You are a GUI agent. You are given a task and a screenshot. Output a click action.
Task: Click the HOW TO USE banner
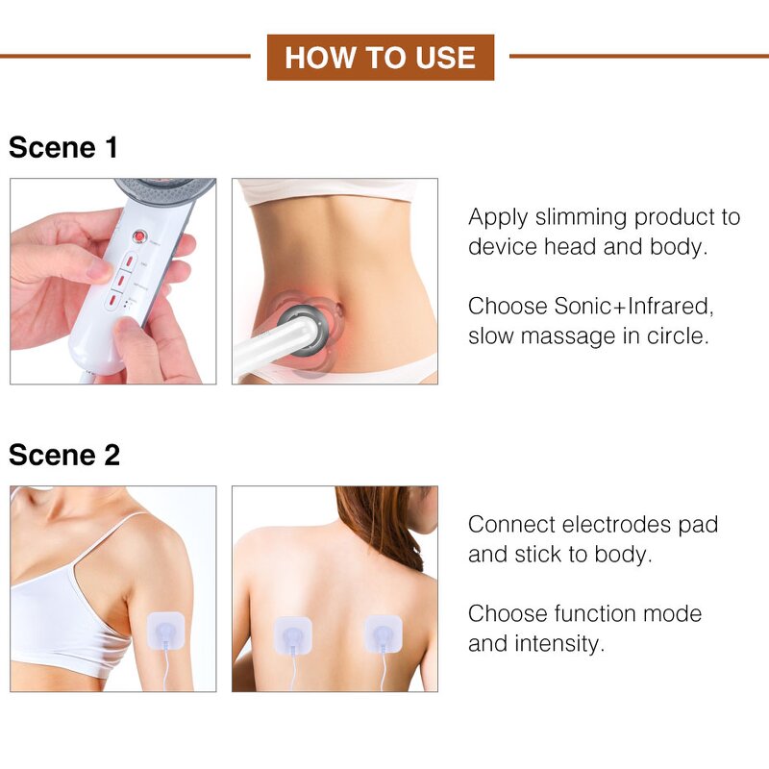click(x=380, y=58)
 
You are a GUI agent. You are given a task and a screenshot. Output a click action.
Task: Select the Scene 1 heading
click(x=63, y=148)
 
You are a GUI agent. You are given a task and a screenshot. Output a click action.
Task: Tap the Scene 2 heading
click(x=64, y=455)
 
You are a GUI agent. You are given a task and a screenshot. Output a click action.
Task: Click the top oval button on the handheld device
click(x=128, y=260)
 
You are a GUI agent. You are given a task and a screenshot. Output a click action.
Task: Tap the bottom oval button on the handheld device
click(x=113, y=302)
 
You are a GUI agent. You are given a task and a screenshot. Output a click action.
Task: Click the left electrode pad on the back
click(x=292, y=635)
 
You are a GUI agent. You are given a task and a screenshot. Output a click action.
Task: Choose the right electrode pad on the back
click(x=383, y=635)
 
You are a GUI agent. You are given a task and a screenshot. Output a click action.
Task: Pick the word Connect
click(x=509, y=525)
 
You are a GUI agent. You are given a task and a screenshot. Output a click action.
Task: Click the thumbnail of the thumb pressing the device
click(x=113, y=281)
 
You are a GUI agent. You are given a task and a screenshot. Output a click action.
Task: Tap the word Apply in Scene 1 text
click(x=497, y=217)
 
